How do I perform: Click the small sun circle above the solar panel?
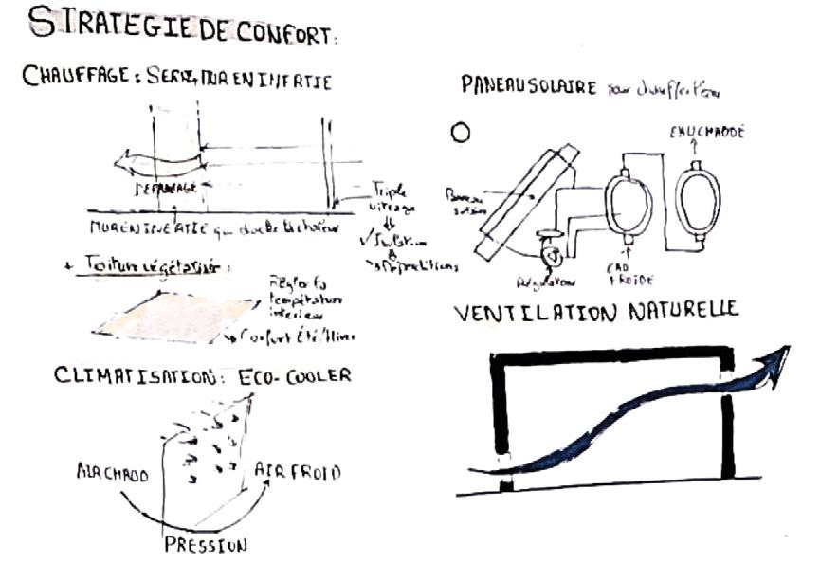tap(462, 134)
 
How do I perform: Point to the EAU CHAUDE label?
tap(705, 134)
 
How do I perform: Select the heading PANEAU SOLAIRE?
tap(528, 87)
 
